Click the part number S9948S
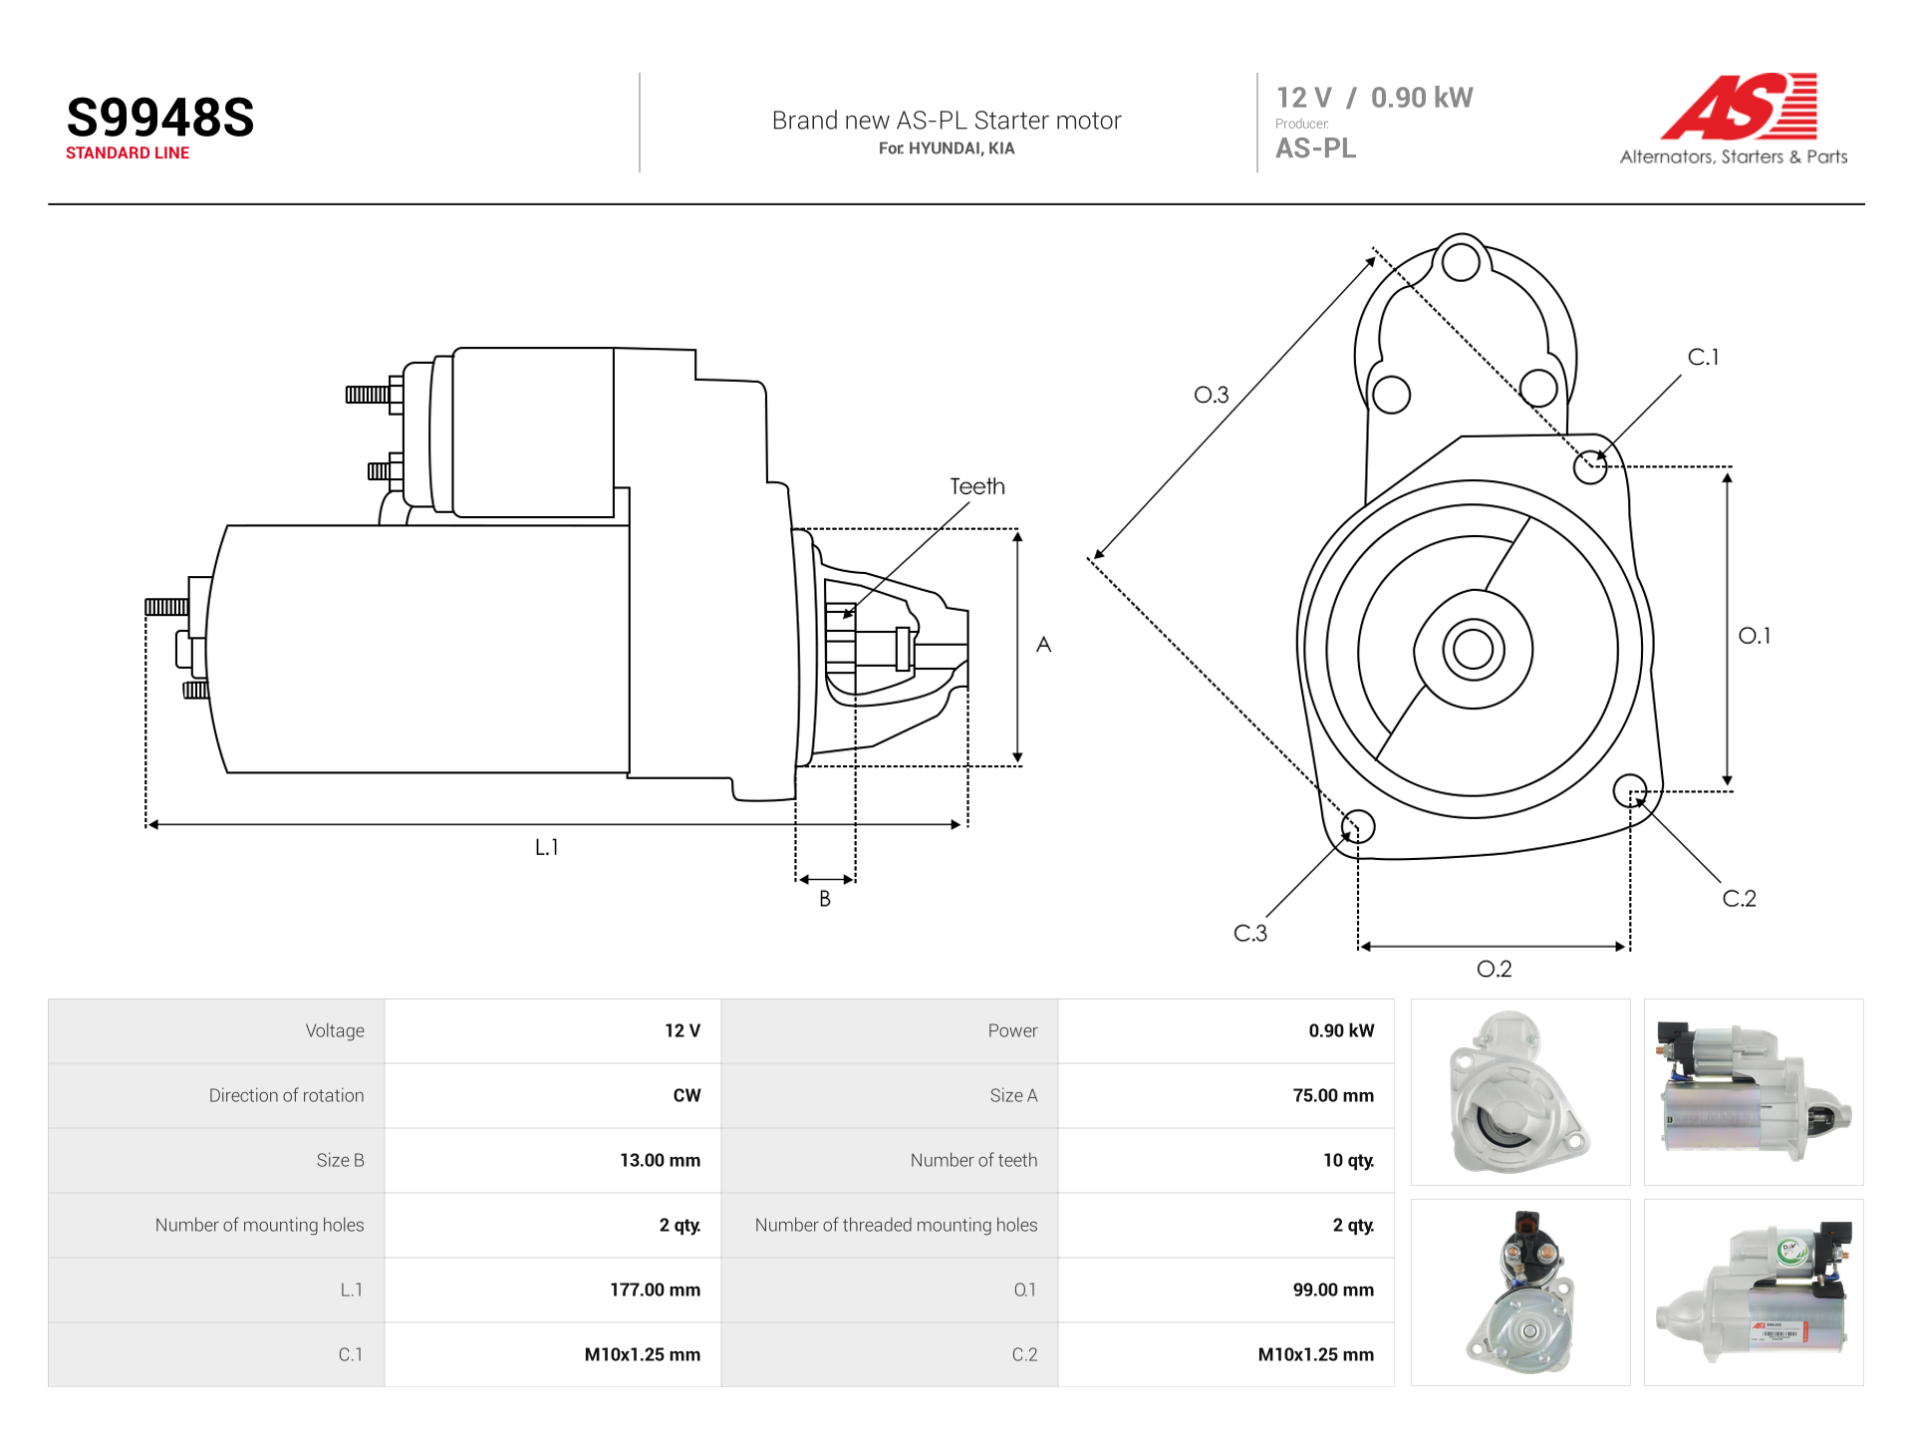click(160, 118)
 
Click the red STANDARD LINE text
click(128, 153)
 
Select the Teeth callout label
click(977, 486)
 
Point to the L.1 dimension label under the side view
click(547, 847)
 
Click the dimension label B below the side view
click(825, 899)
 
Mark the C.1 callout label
click(1704, 357)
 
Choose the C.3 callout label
click(1250, 933)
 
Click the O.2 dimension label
click(1495, 969)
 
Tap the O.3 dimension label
click(1212, 395)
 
